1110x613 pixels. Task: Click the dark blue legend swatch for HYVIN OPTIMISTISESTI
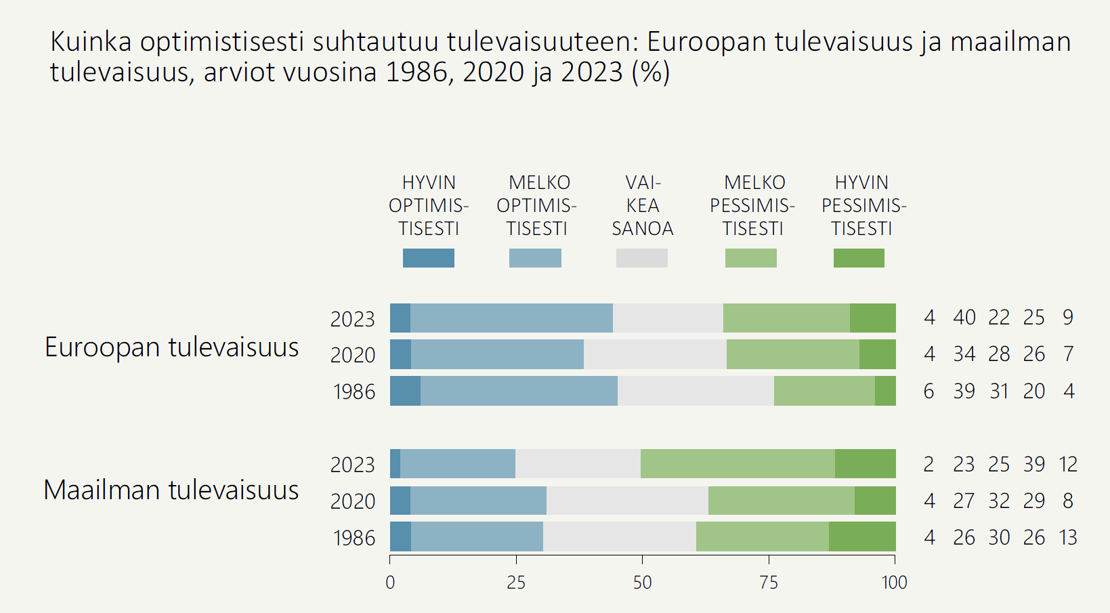[x=428, y=258]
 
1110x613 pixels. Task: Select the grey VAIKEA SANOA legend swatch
[x=641, y=258]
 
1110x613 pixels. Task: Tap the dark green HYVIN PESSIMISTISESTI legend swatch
[x=858, y=258]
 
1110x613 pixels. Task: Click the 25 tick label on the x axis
[x=516, y=582]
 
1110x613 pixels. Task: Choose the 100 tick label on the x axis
[x=894, y=582]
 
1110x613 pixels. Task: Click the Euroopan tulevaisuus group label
[x=171, y=347]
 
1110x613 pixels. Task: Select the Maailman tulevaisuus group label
[x=171, y=490]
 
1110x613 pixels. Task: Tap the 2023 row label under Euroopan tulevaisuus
[x=352, y=319]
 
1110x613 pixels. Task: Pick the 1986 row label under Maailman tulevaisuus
[x=354, y=538]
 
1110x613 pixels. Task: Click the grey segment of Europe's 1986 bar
[x=696, y=391]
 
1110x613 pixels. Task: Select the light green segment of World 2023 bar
[x=738, y=463]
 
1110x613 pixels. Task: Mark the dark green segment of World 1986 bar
[x=862, y=536]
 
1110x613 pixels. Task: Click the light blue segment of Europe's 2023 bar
[x=511, y=318]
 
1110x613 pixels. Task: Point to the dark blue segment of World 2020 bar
[x=400, y=501]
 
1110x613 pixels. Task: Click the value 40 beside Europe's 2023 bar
[x=964, y=318]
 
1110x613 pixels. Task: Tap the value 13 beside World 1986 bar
[x=1068, y=538]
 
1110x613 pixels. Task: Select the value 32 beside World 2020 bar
[x=999, y=501]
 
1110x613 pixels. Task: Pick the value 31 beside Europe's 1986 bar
[x=999, y=392]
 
